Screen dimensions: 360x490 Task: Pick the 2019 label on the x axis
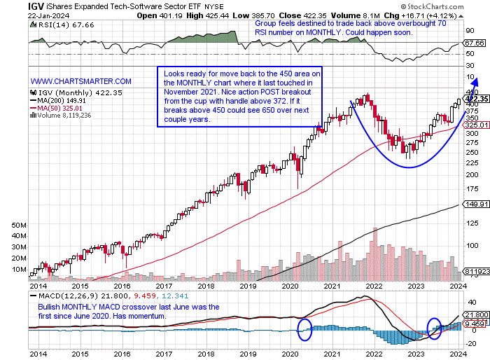point(250,286)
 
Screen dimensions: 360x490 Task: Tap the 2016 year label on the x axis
point(122,286)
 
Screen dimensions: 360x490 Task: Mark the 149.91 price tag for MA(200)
point(475,205)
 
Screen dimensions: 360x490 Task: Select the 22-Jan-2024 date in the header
point(26,15)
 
